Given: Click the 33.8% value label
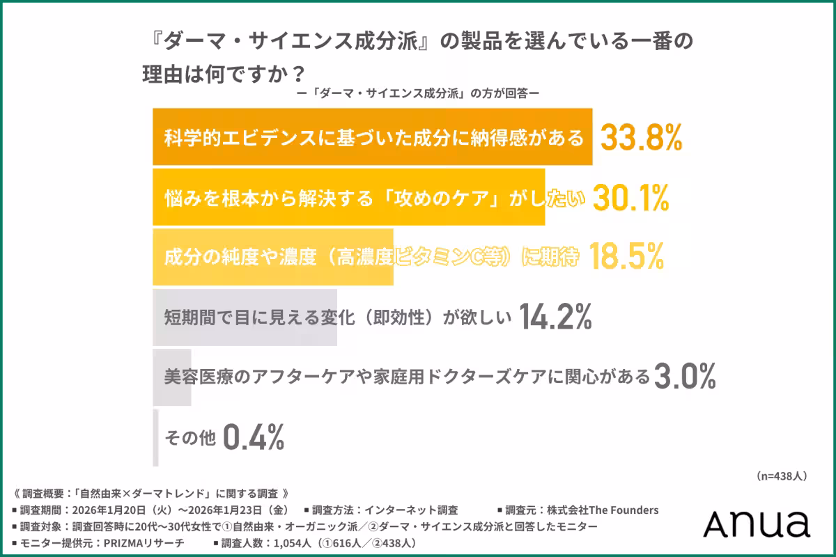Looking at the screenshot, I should (641, 138).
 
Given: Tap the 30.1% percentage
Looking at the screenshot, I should (630, 198).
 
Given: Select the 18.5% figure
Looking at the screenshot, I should (626, 258).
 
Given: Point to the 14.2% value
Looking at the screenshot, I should (555, 317).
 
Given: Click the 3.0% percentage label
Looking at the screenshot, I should (686, 377).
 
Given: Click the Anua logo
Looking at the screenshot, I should (756, 524).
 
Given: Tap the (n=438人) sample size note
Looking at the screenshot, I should (781, 476).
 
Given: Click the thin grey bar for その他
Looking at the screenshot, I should (155, 437).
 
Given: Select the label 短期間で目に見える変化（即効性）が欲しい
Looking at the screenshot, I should (338, 317).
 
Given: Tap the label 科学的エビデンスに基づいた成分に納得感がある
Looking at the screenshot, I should (373, 138).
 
